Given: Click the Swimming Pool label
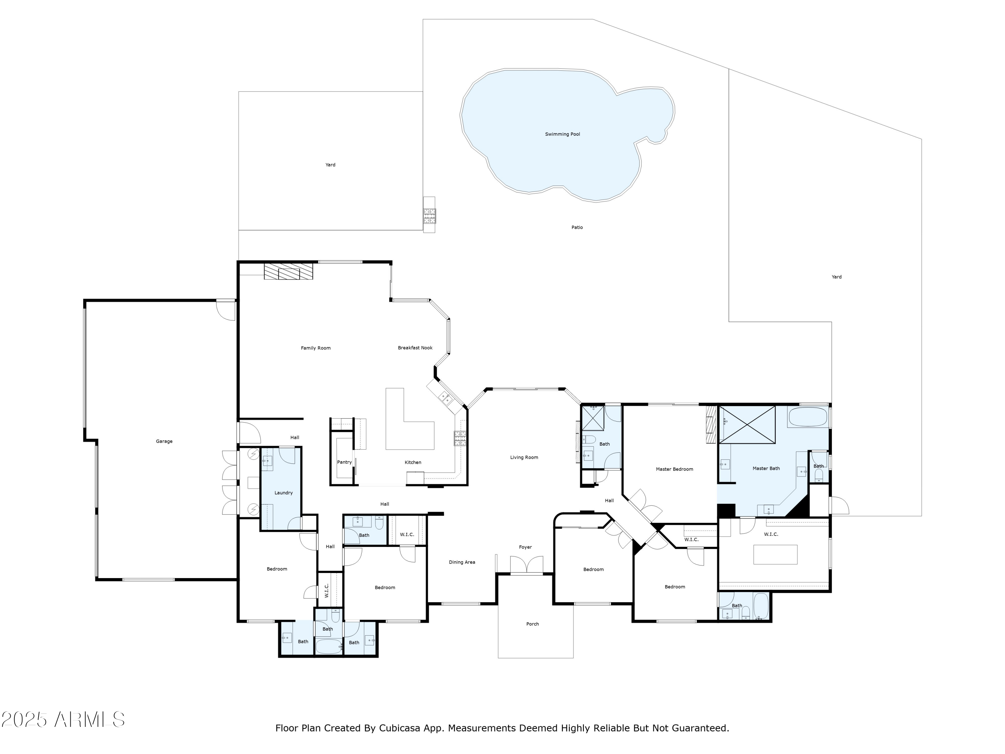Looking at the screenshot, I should tap(562, 134).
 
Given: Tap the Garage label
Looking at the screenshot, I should tap(164, 441).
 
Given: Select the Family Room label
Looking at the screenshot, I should tap(316, 348).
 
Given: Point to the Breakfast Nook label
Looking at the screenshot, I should tap(415, 348).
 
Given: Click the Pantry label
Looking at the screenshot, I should tap(344, 462).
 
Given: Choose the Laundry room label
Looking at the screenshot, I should tap(283, 493).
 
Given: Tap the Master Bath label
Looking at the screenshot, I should tap(766, 468).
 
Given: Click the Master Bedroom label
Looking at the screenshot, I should tap(674, 469).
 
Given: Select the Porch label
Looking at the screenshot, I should tap(533, 624).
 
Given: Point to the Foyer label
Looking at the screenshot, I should tap(525, 547).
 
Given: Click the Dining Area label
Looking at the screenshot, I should tap(462, 562).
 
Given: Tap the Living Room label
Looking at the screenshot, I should tap(524, 457).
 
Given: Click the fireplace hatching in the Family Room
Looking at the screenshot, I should tap(288, 271).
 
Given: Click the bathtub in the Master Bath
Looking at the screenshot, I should tap(807, 417).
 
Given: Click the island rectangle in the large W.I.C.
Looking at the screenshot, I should tap(775, 555).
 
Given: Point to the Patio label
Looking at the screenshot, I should tap(577, 227).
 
